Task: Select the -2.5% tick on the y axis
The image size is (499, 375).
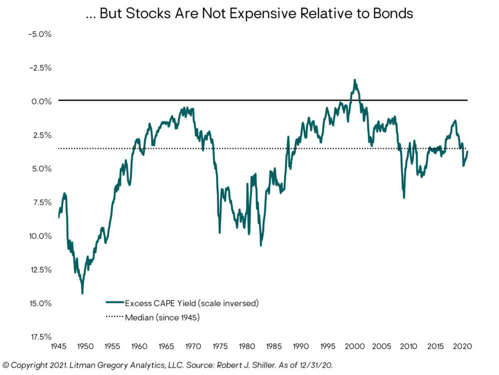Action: pyautogui.click(x=41, y=67)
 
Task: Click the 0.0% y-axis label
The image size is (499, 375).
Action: pyautogui.click(x=42, y=101)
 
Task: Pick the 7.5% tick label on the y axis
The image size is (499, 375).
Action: pyautogui.click(x=42, y=202)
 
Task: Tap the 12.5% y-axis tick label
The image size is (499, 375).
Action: pyautogui.click(x=41, y=270)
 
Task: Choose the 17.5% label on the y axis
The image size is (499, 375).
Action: pyautogui.click(x=41, y=337)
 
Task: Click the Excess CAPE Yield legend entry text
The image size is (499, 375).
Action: pyautogui.click(x=191, y=303)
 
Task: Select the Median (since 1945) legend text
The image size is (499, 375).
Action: pyautogui.click(x=162, y=317)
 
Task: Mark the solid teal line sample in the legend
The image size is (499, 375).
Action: pyautogui.click(x=114, y=303)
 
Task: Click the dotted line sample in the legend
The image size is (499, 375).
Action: pyautogui.click(x=114, y=317)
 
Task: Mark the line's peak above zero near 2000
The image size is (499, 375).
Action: pyautogui.click(x=355, y=80)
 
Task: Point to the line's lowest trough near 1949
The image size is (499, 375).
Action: pyautogui.click(x=82, y=293)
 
